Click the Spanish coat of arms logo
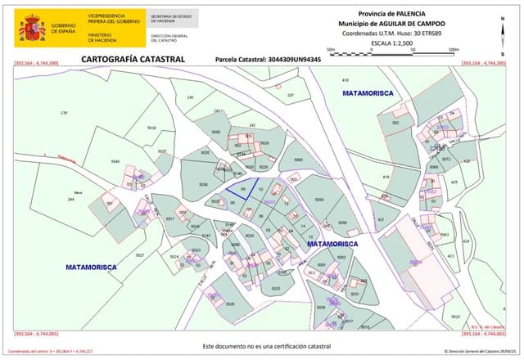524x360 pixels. (32, 29)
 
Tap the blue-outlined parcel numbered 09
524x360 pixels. (243, 190)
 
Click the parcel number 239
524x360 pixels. (65, 112)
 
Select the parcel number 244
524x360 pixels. (70, 200)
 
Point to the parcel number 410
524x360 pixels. (345, 80)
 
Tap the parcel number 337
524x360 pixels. (290, 96)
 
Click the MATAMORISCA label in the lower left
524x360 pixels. (91, 268)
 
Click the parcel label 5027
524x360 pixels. (139, 256)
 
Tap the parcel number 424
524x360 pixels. (465, 241)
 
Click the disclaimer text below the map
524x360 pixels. (260, 346)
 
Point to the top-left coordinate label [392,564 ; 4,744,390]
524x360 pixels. (38, 63)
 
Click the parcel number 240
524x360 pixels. (191, 97)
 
